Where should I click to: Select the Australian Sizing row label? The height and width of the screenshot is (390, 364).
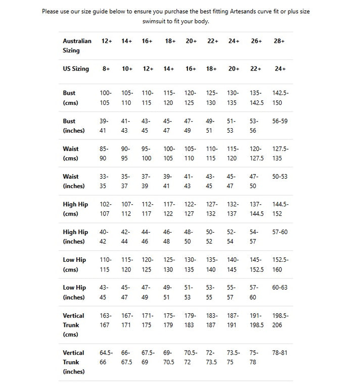coord(77,45)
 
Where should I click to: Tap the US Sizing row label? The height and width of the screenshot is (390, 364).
coord(76,69)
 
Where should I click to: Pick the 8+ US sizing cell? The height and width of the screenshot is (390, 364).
coord(106,69)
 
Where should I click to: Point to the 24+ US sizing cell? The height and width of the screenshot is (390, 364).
coord(280,69)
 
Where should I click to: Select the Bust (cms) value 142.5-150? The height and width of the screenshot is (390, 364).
coord(280,98)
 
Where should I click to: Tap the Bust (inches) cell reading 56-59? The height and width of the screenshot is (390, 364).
coord(280,121)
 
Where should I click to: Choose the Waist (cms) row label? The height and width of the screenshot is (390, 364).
coord(71,154)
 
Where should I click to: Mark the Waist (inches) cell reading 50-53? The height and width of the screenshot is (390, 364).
coord(280,177)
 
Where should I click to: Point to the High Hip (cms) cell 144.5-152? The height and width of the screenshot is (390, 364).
coord(280,209)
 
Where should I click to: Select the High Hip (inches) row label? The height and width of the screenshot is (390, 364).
coord(75,237)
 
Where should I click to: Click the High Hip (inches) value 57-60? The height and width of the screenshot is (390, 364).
coord(280,232)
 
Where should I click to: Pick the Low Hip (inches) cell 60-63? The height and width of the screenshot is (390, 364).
coord(280,288)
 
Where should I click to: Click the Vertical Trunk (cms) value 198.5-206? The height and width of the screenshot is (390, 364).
coord(280,320)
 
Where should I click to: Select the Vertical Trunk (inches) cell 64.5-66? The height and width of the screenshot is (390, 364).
coord(106,357)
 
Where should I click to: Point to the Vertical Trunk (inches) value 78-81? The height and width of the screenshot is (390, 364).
coord(280,353)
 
